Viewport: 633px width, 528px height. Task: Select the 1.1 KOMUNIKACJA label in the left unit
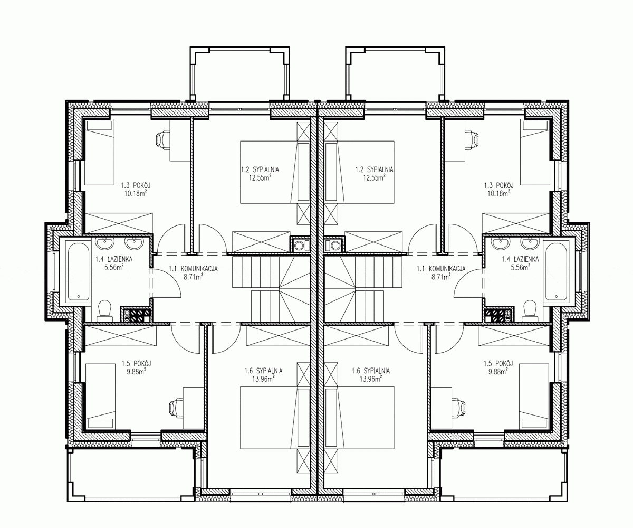[x=193, y=269]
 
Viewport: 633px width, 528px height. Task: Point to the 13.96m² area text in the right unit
[x=370, y=379]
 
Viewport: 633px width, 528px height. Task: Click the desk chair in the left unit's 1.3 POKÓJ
[x=163, y=139]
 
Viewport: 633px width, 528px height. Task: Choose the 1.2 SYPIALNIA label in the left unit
[x=260, y=169]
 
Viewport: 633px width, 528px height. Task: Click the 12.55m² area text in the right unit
[x=375, y=177]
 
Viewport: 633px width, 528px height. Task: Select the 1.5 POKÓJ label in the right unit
[x=498, y=364]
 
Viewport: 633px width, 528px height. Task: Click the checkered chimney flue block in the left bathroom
[x=136, y=315]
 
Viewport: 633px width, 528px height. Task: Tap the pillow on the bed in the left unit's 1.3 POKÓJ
[x=100, y=125]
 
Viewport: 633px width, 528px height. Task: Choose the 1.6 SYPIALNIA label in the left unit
[x=263, y=371]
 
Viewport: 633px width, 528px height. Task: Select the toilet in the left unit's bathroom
[x=104, y=310]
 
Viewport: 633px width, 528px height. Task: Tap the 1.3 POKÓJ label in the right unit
[x=498, y=185]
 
